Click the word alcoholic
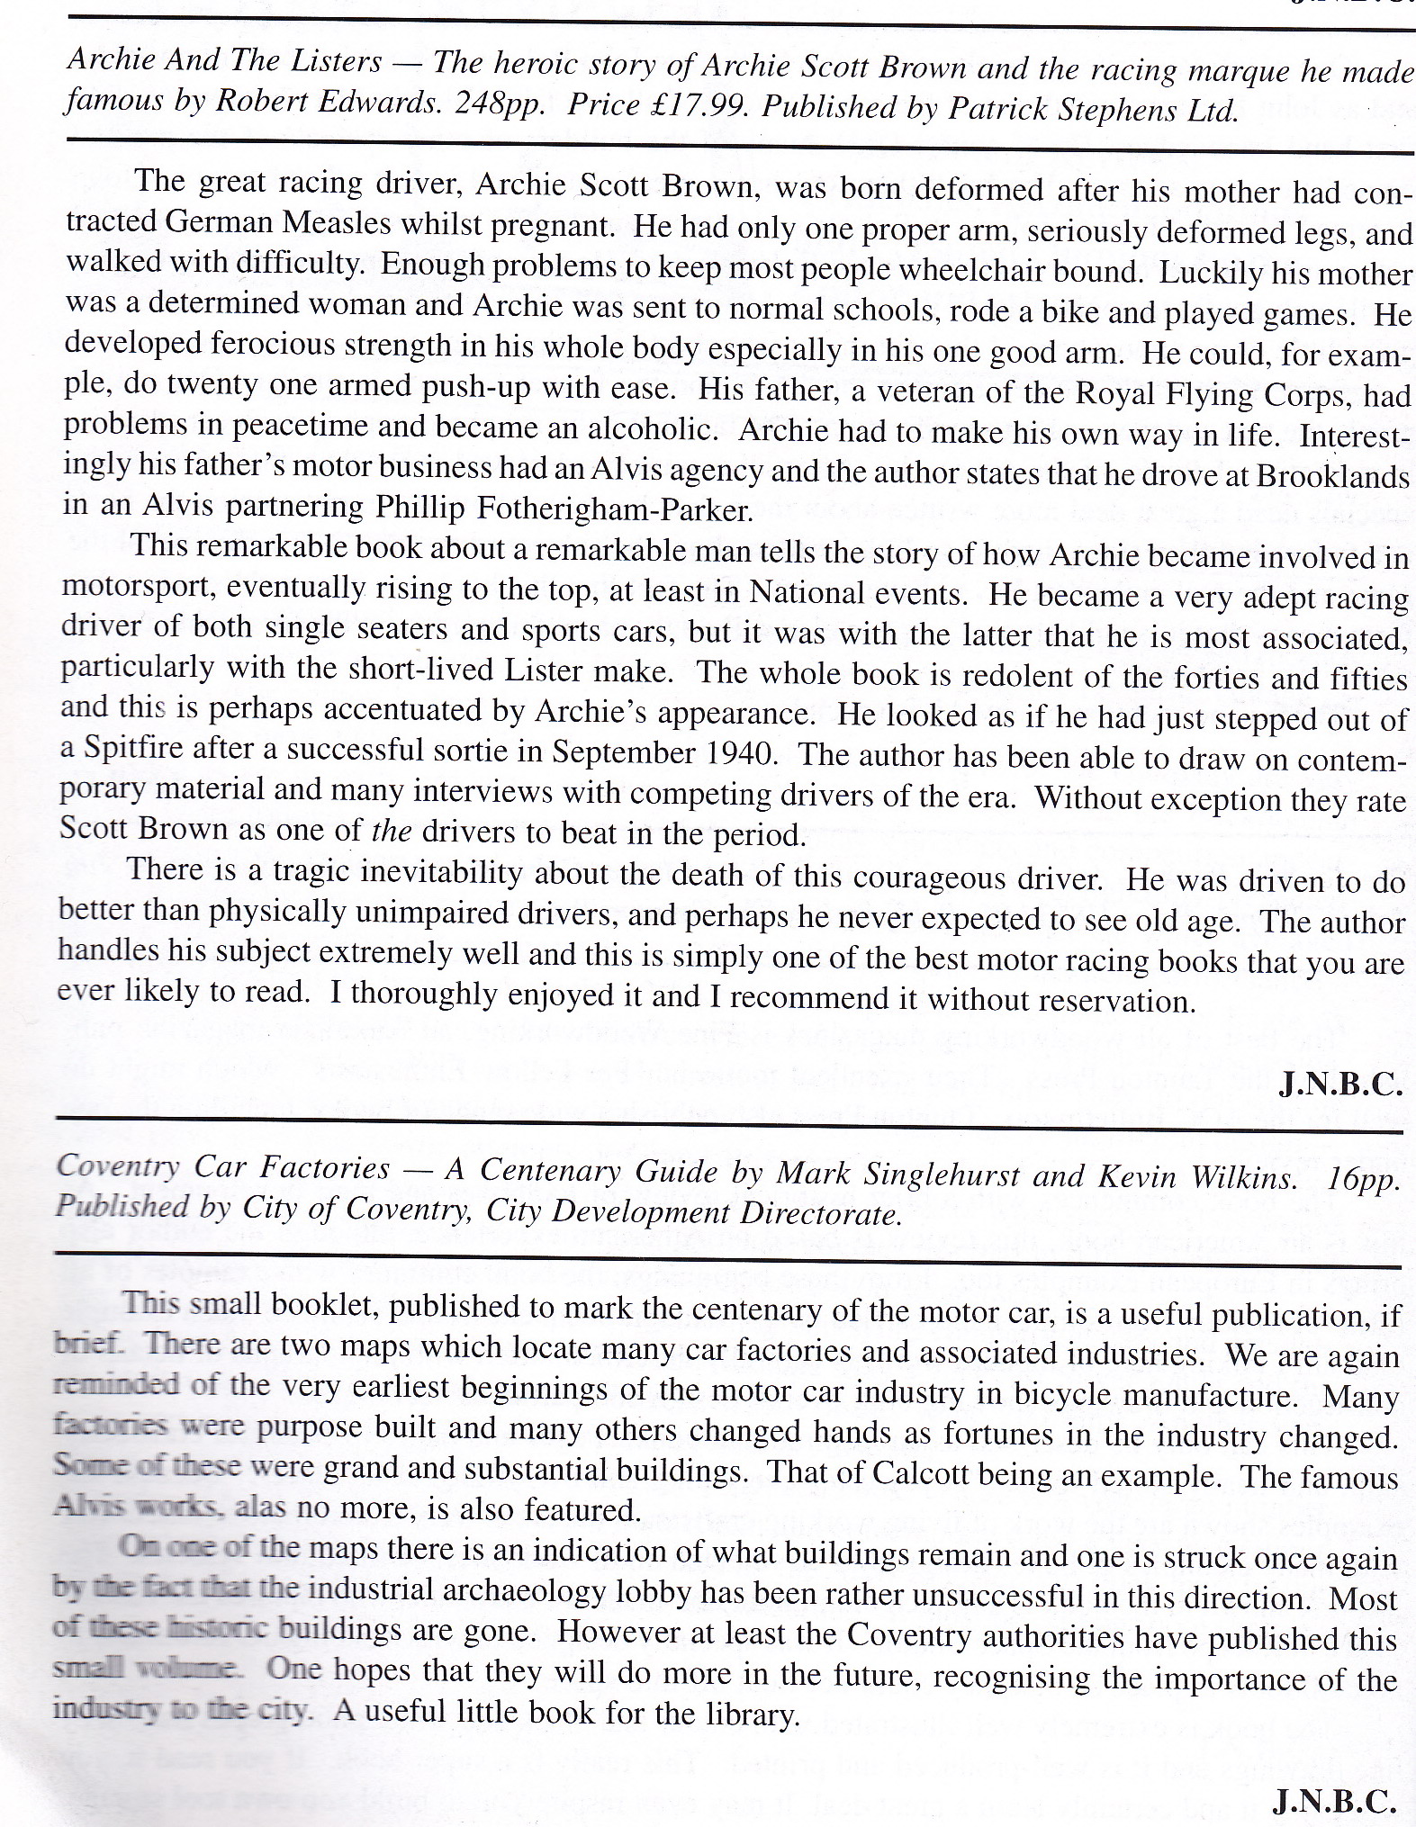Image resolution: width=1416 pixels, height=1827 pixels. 651,428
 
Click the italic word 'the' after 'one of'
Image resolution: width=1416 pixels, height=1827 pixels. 391,830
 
